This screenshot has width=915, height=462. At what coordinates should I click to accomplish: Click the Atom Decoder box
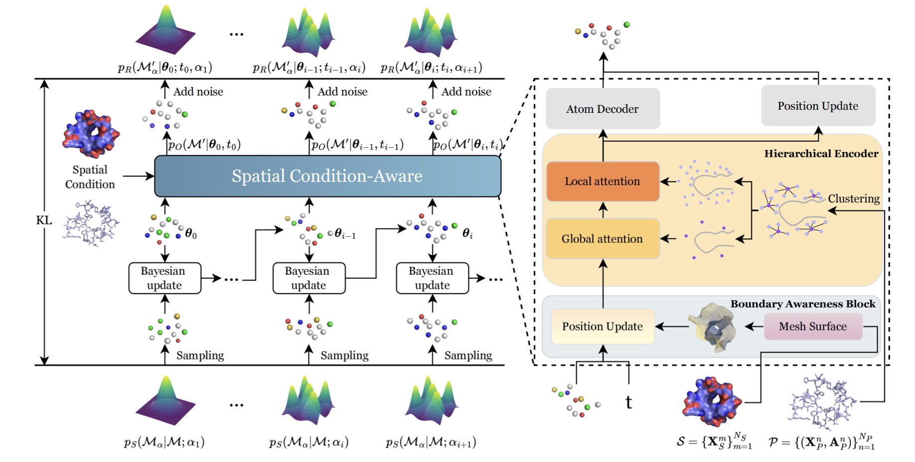pos(602,109)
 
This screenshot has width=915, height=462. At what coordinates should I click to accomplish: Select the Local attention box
pos(602,181)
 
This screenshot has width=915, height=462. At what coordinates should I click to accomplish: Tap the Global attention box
pos(602,239)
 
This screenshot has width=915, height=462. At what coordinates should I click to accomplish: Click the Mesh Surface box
pos(812,327)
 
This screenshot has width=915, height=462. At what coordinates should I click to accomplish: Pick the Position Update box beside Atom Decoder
pos(817,106)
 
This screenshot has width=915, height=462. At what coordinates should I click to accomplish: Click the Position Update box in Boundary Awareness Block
pos(602,327)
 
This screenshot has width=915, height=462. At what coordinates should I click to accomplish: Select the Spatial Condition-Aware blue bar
pos(327,176)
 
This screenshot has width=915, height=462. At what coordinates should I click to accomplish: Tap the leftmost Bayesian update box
pos(164,278)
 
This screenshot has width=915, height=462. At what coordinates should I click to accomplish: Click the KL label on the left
pos(44,220)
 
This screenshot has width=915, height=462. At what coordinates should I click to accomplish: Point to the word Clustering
pos(853,199)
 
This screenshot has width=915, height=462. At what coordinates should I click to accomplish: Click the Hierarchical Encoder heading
pos(821,154)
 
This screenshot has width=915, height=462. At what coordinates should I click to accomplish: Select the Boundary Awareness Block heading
pos(802,304)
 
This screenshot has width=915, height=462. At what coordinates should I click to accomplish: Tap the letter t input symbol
pos(628,402)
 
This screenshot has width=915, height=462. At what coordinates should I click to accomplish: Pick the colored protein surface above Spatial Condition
pos(91,133)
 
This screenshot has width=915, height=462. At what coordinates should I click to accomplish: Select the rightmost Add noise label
pos(466,92)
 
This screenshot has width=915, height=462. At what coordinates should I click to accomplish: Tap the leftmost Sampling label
pos(200,355)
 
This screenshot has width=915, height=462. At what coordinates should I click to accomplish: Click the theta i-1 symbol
pos(345,233)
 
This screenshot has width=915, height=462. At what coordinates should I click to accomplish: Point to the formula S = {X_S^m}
pos(714,442)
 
